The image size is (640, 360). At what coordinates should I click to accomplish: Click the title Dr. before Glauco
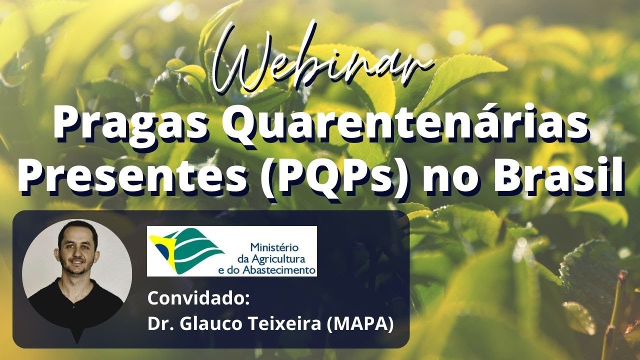point(159,324)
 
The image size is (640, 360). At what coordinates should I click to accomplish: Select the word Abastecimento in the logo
point(287,270)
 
